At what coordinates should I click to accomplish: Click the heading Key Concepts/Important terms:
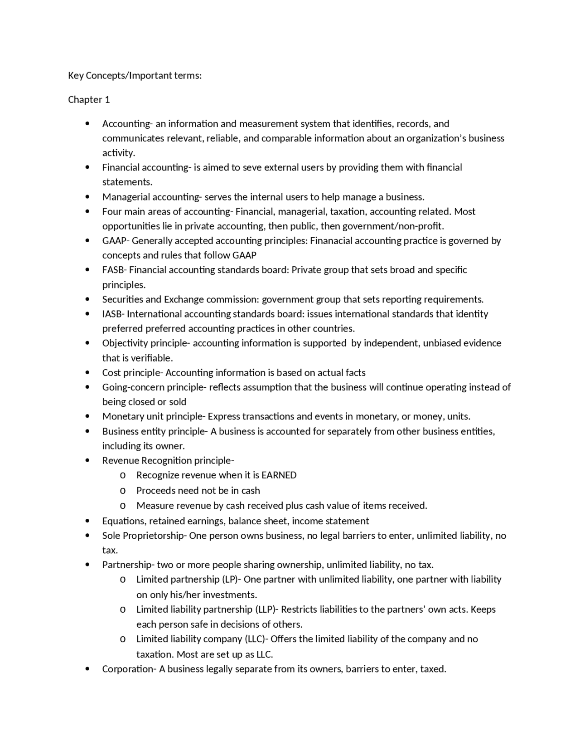click(135, 76)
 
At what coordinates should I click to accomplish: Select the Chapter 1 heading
click(89, 100)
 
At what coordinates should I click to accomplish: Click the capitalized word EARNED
click(279, 475)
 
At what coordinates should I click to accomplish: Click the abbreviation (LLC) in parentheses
click(255, 639)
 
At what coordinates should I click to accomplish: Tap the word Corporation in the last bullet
click(127, 669)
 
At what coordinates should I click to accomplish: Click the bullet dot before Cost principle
click(87, 373)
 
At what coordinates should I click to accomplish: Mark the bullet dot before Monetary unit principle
click(87, 417)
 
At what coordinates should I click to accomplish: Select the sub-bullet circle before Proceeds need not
click(122, 491)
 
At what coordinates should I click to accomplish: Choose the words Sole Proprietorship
click(143, 536)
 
